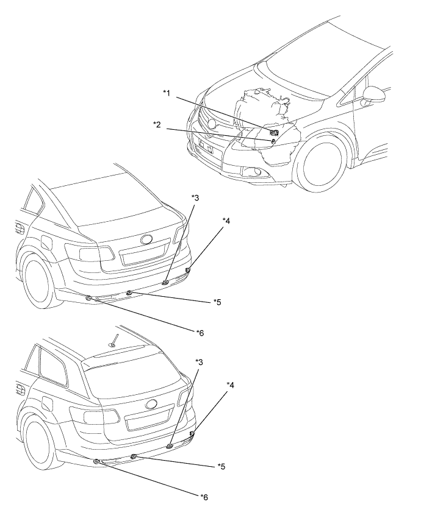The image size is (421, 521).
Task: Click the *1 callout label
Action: pos(167,93)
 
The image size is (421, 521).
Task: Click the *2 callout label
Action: pos(157,124)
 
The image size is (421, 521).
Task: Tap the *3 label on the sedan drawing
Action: pos(195,197)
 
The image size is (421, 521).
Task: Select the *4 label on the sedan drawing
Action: pos(226,221)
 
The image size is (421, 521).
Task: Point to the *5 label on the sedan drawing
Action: pos(217,302)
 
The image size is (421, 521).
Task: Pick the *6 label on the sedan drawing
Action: pos(200,333)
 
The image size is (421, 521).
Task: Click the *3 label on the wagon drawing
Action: pos(199,361)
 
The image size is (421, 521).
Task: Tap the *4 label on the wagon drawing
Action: pos(230,385)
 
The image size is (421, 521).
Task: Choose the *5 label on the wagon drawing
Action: pos(221,467)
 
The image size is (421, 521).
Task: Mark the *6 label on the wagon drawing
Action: pos(204,497)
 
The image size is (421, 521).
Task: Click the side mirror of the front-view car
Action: pos(374,96)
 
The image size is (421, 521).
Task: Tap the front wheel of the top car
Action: pos(320,168)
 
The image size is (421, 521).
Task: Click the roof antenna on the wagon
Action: pos(115,340)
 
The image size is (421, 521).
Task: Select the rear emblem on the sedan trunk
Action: pos(146,239)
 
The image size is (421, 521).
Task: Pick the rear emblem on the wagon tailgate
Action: pos(151,404)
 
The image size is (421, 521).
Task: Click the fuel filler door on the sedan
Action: pos(46,242)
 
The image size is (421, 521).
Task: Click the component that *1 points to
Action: pos(274,133)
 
